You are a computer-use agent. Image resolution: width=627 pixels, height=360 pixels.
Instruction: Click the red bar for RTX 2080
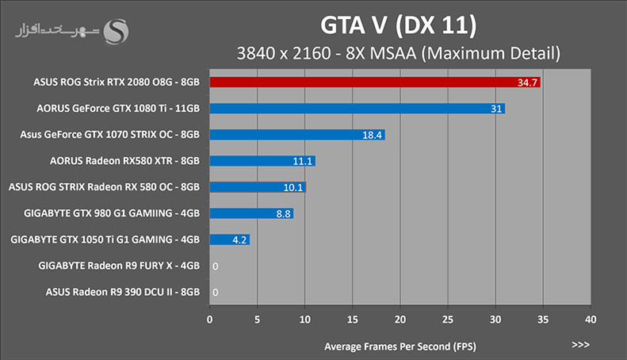click(x=375, y=82)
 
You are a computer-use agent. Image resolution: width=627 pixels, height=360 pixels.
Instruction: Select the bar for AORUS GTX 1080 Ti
click(x=357, y=109)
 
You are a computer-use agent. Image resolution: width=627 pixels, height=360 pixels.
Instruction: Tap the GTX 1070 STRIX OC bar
click(x=297, y=135)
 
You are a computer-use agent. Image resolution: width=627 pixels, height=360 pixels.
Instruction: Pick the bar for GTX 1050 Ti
click(x=230, y=239)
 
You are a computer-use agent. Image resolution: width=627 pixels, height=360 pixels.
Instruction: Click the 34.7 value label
click(x=527, y=82)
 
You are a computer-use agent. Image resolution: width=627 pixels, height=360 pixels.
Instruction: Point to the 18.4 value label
click(x=372, y=136)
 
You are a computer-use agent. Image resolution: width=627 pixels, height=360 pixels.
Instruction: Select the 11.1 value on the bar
click(x=302, y=161)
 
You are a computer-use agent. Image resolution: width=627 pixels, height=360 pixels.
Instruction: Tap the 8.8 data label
click(x=283, y=214)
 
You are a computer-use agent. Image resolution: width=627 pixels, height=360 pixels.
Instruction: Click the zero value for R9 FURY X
click(x=216, y=266)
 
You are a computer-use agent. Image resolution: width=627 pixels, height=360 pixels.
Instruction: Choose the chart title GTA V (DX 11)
click(x=398, y=25)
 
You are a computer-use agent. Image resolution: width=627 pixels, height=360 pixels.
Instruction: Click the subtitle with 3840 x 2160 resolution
click(x=398, y=54)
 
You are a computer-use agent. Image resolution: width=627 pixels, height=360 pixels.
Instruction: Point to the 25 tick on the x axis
click(x=448, y=320)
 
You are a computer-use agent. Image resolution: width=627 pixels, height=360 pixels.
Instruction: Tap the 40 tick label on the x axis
click(x=591, y=320)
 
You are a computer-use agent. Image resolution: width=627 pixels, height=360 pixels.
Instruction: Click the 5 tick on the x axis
click(x=257, y=320)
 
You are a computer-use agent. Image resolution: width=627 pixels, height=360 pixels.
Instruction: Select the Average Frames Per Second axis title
click(x=400, y=347)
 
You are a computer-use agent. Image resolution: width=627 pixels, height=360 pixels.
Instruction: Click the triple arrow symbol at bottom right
click(x=580, y=345)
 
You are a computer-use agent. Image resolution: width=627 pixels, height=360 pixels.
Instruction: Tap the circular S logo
click(x=116, y=32)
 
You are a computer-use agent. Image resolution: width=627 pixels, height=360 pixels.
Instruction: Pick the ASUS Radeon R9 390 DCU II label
click(x=122, y=292)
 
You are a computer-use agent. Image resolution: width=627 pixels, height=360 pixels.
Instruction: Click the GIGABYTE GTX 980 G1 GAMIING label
click(x=112, y=213)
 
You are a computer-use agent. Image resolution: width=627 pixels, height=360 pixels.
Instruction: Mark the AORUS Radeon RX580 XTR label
click(x=124, y=161)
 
